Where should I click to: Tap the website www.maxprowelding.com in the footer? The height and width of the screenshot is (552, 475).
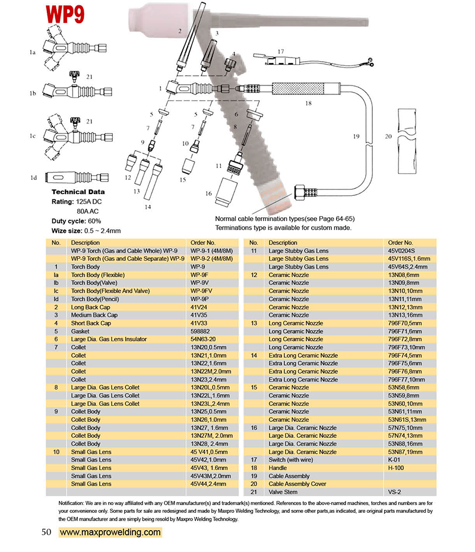tap(110, 532)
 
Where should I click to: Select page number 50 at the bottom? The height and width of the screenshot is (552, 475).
tap(47, 532)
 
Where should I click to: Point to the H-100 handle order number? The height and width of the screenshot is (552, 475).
tap(397, 468)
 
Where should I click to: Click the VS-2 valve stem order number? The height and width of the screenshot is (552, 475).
tap(395, 492)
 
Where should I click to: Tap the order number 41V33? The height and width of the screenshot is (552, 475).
tap(199, 323)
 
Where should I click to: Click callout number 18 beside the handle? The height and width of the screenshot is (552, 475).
tap(308, 103)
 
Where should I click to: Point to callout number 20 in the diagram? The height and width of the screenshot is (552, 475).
tap(388, 137)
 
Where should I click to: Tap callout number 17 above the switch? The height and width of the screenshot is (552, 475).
tap(280, 52)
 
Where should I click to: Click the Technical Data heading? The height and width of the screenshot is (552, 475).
tap(78, 192)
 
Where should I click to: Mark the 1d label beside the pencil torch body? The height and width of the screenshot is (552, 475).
tap(34, 177)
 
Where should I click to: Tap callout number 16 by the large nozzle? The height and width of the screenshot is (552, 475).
tap(208, 193)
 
